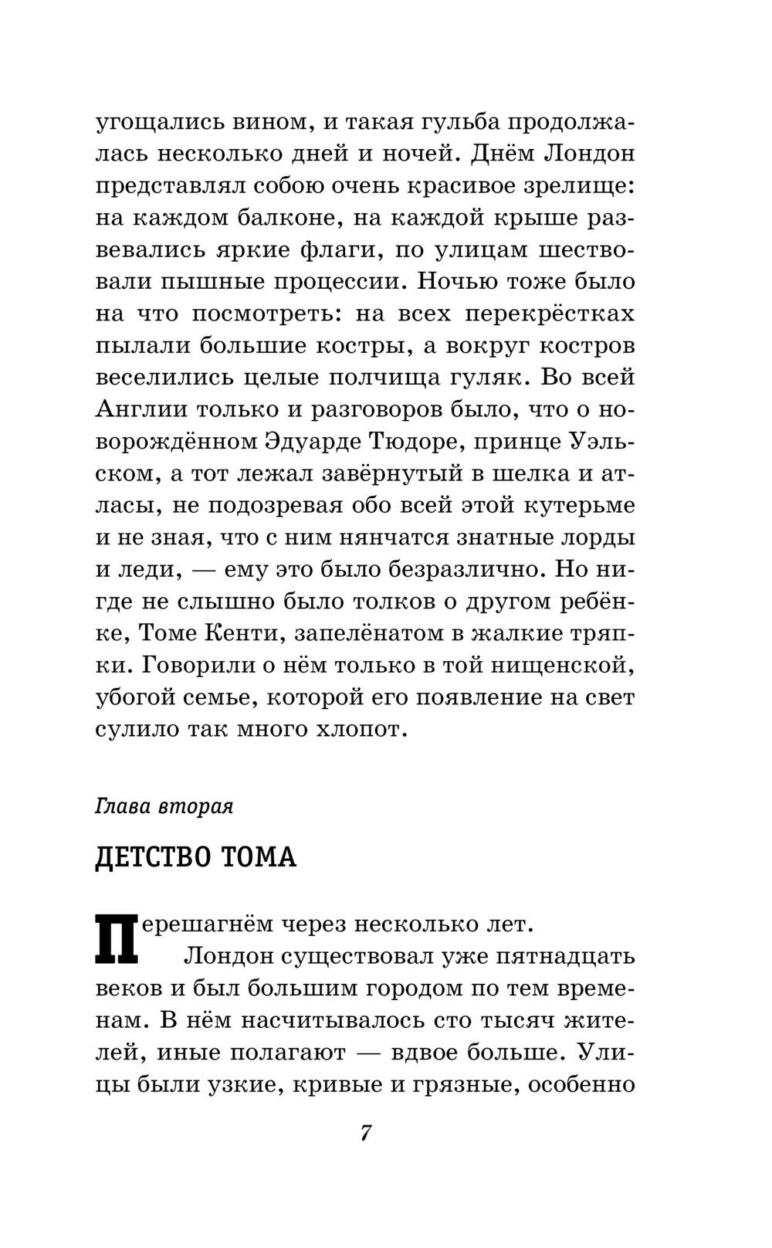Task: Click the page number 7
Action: coord(366,1134)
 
